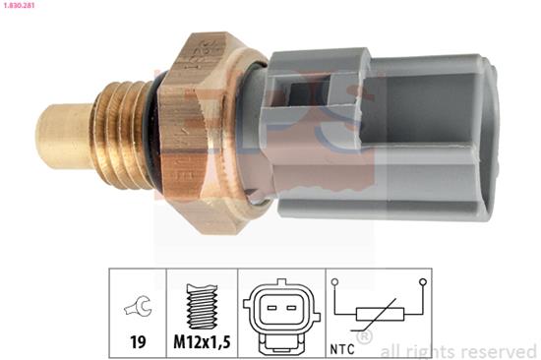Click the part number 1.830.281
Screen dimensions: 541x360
(x=18, y=6)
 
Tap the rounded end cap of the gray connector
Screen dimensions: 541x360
(x=489, y=138)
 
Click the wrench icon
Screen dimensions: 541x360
(x=138, y=306)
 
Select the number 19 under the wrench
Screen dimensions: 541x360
(x=138, y=342)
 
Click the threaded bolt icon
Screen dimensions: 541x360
(x=202, y=306)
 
